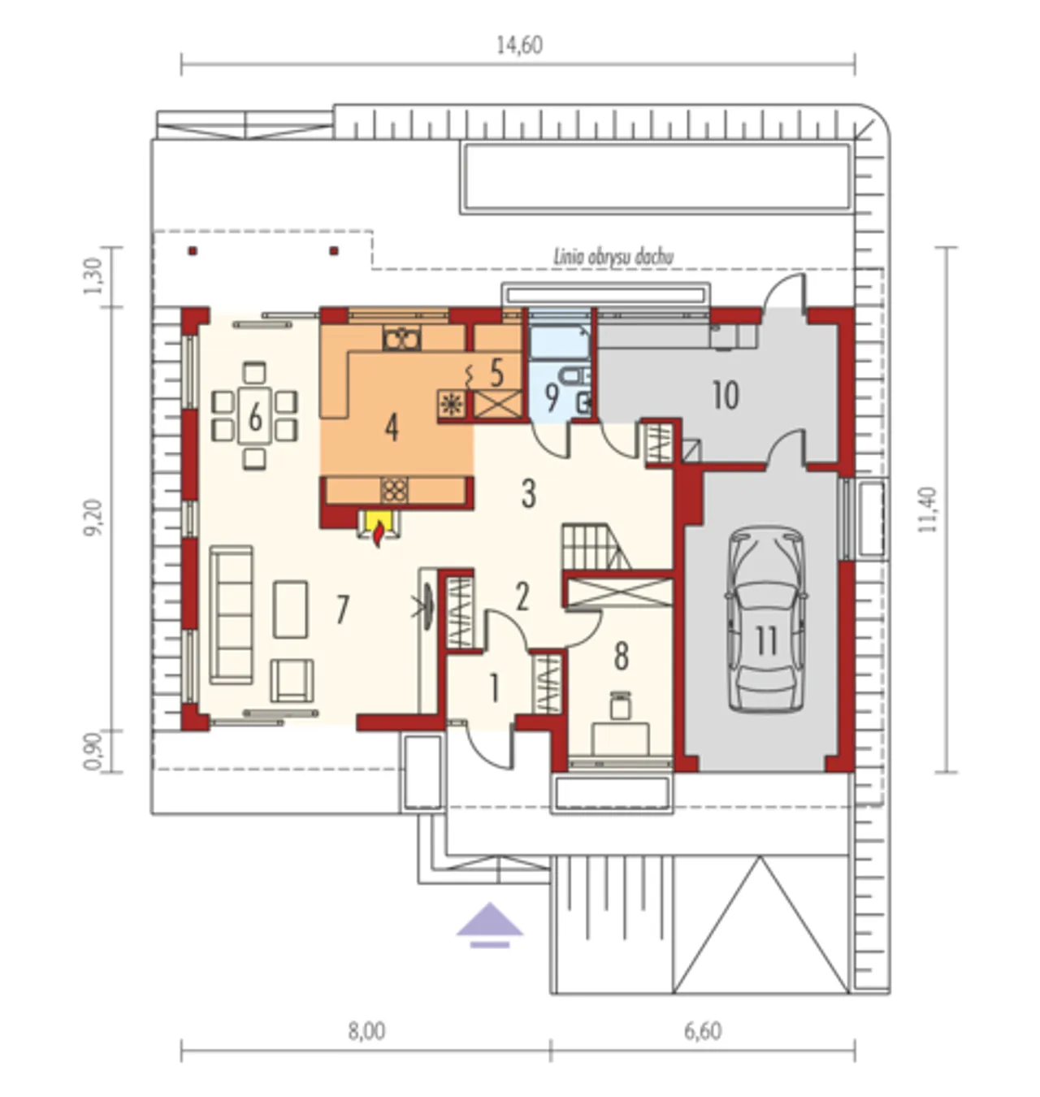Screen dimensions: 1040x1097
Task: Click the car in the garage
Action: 765,619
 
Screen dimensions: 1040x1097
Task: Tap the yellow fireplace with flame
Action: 379,527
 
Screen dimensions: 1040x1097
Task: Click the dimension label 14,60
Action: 519,46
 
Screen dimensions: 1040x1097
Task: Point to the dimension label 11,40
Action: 927,510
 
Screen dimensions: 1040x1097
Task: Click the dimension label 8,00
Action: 366,1031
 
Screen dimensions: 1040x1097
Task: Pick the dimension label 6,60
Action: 703,1031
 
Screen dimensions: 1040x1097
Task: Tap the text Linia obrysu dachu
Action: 613,258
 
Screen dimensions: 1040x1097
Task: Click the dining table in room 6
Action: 255,416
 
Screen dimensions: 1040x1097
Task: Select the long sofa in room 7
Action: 231,615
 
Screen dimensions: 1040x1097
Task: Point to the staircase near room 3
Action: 596,546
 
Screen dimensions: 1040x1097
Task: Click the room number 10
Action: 726,396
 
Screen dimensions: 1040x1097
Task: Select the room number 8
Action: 621,657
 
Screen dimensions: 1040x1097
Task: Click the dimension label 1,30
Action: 93,276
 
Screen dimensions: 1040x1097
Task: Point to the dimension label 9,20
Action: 93,518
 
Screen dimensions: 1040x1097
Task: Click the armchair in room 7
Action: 292,680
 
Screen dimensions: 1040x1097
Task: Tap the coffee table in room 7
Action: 290,609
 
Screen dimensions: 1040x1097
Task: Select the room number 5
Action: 496,373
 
